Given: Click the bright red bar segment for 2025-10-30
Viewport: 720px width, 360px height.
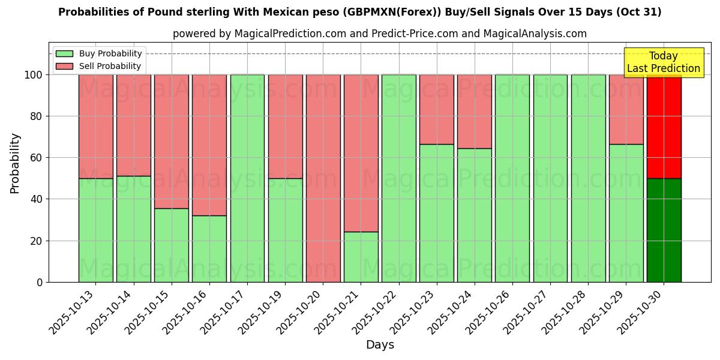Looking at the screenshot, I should (x=664, y=126).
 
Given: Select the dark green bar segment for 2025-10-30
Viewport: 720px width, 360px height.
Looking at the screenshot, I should (x=664, y=230).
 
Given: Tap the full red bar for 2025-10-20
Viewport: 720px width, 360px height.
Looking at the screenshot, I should (x=323, y=178).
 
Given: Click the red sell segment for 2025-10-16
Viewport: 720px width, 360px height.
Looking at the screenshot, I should (x=209, y=145).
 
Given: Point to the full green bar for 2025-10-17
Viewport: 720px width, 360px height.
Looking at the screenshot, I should (x=247, y=178).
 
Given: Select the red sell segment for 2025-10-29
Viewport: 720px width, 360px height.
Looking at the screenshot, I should (x=626, y=109).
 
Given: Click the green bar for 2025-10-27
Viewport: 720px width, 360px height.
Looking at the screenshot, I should (x=550, y=178).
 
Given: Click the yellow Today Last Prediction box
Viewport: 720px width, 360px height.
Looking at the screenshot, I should (x=663, y=62).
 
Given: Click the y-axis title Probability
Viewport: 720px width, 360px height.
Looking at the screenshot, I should (x=15, y=163).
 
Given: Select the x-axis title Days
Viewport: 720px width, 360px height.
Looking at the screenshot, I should (x=380, y=345).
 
